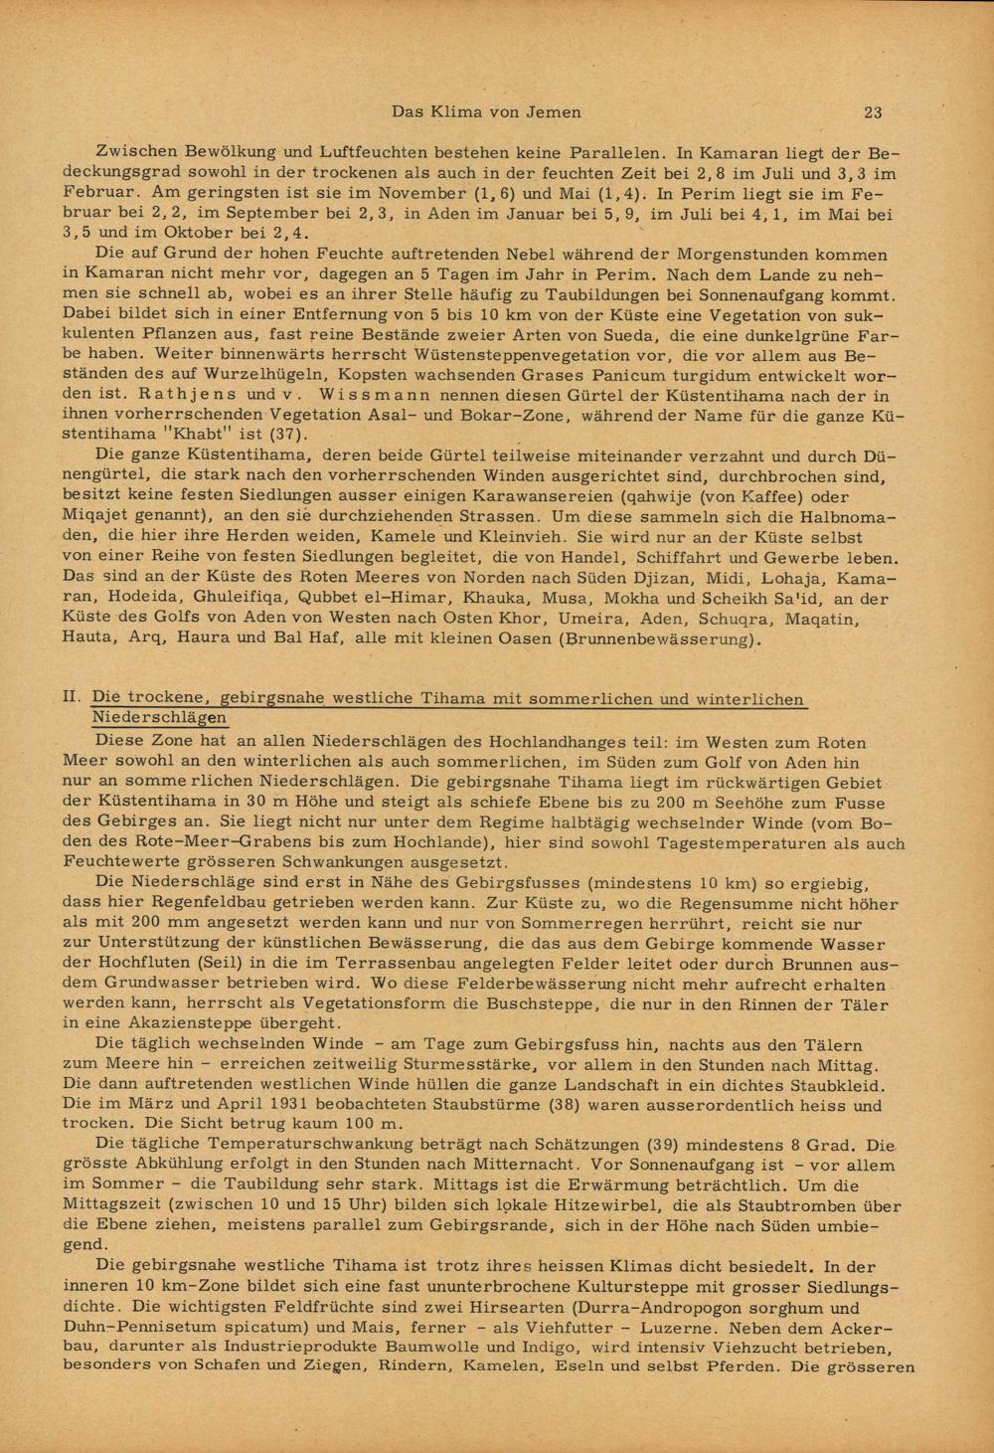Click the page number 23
pyautogui.click(x=873, y=112)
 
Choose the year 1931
pyautogui.click(x=251, y=1104)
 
